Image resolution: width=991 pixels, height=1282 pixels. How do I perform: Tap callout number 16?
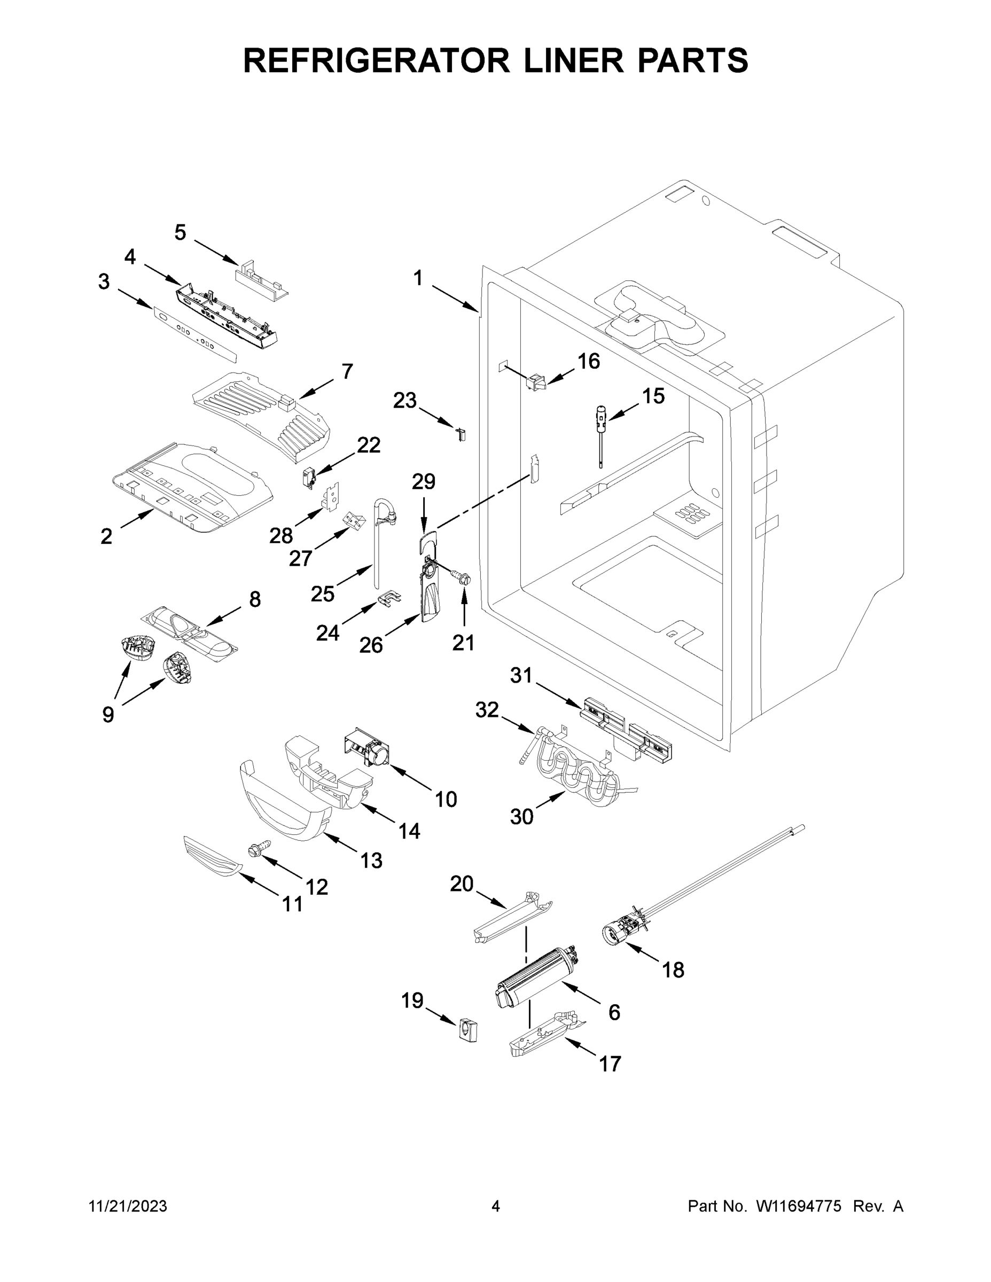(x=588, y=362)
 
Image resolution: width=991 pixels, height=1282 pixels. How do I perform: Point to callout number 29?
(x=423, y=482)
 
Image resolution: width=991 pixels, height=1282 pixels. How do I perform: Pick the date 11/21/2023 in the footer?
(x=128, y=1206)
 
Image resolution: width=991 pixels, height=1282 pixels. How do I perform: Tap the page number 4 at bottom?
(x=496, y=1206)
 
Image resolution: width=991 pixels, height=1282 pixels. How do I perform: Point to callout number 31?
(x=521, y=676)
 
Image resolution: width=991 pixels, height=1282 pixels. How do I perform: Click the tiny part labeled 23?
(x=462, y=434)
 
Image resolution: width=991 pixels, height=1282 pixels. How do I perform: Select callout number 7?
(x=347, y=371)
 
